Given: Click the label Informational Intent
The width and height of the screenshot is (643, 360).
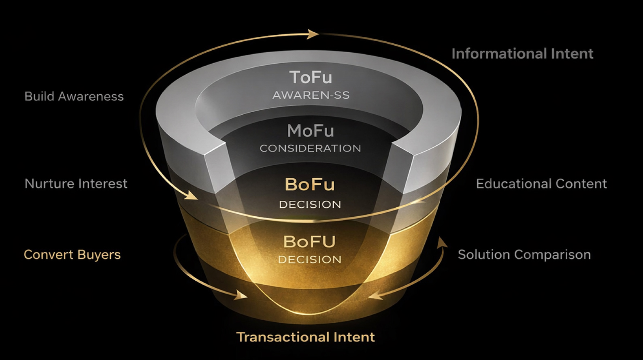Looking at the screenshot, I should pyautogui.click(x=522, y=54).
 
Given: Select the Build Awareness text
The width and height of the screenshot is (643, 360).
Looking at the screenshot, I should pyautogui.click(x=74, y=96).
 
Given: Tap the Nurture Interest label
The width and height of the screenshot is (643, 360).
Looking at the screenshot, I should pyautogui.click(x=76, y=184).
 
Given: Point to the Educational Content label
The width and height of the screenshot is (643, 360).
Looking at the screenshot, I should pyautogui.click(x=541, y=184).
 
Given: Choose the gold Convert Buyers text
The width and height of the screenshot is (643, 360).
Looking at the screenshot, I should pyautogui.click(x=72, y=255).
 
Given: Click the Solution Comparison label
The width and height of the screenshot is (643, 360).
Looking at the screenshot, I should pyautogui.click(x=524, y=255).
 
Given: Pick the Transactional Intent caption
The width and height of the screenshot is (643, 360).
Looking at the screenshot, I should pyautogui.click(x=306, y=337).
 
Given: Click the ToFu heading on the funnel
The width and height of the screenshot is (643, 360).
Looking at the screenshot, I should pyautogui.click(x=311, y=77).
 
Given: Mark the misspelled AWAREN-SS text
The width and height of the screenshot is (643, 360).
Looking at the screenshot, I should pyautogui.click(x=311, y=95).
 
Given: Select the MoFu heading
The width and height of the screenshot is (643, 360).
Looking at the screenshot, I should pyautogui.click(x=311, y=131).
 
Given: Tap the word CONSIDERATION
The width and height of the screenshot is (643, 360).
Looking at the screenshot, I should pyautogui.click(x=310, y=149).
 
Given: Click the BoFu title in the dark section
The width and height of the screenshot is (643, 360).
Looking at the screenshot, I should pyautogui.click(x=310, y=185).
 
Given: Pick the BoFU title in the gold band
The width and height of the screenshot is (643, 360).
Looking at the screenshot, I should pyautogui.click(x=310, y=242).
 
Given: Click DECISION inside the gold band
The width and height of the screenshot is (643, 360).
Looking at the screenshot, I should pyautogui.click(x=310, y=260).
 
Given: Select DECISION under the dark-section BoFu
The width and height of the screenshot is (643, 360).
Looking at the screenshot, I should pyautogui.click(x=310, y=204).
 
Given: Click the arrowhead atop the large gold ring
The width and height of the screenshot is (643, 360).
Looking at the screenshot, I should pyautogui.click(x=313, y=34).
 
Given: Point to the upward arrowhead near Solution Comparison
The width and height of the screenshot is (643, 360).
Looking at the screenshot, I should pyautogui.click(x=442, y=242).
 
